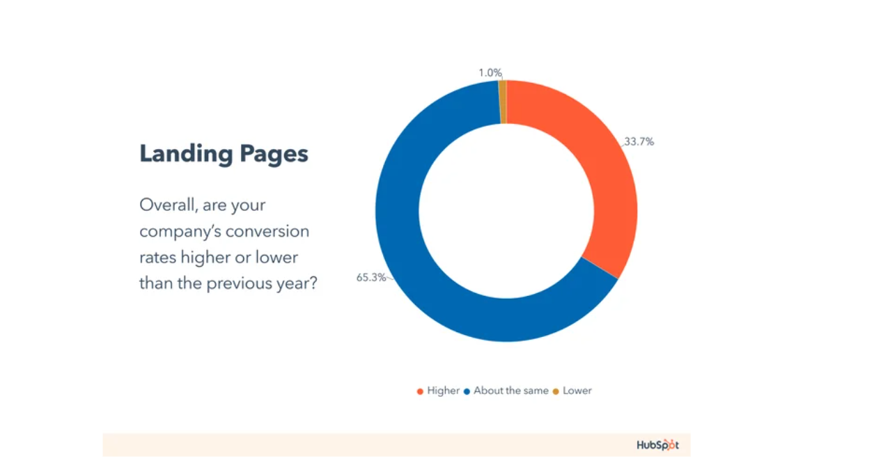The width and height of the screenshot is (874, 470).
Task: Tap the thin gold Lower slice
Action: (503, 102)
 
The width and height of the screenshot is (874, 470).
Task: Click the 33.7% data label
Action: (639, 141)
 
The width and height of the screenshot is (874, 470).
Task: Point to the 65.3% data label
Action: (371, 277)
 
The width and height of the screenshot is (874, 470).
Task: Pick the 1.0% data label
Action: (490, 73)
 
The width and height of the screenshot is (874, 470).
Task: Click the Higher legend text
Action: (443, 391)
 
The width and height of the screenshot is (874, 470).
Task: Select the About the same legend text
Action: (510, 391)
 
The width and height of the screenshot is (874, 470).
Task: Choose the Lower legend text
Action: (577, 391)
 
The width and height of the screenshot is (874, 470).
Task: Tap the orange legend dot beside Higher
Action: (420, 391)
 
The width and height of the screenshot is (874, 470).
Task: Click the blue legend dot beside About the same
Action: (467, 391)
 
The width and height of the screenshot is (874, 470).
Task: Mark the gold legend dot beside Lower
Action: (556, 391)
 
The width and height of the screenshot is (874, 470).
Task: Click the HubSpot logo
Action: (657, 445)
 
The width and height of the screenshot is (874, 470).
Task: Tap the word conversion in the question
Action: (267, 231)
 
